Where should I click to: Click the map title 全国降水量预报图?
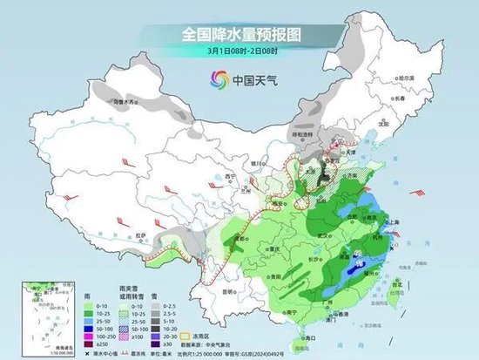click(239, 34)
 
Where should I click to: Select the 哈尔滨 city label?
click(416, 78)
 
